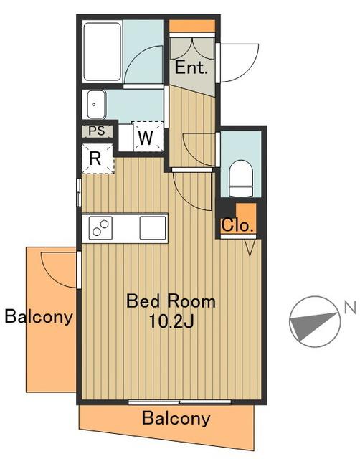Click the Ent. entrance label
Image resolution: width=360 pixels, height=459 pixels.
pyautogui.click(x=191, y=67)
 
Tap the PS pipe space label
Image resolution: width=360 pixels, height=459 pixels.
pyautogui.click(x=97, y=131)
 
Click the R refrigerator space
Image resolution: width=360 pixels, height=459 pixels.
pyautogui.click(x=97, y=158)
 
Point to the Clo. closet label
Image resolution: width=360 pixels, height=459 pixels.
pyautogui.click(x=237, y=225)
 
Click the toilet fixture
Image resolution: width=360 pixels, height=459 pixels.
pyautogui.click(x=241, y=179)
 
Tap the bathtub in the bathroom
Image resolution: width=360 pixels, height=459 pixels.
pyautogui.click(x=102, y=52)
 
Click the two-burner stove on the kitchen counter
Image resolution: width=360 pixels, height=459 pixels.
pyautogui.click(x=100, y=228)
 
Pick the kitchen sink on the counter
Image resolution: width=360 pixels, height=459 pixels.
pyautogui.click(x=153, y=228)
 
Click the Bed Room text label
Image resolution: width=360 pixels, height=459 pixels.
pyautogui.click(x=171, y=301)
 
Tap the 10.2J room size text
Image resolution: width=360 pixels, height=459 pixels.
pyautogui.click(x=171, y=321)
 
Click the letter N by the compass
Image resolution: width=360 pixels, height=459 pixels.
pyautogui.click(x=350, y=308)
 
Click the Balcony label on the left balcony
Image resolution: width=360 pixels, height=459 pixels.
pyautogui.click(x=39, y=316)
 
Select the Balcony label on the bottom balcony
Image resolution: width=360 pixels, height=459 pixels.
pyautogui.click(x=176, y=418)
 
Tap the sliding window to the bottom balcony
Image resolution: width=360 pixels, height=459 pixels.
pyautogui.click(x=180, y=402)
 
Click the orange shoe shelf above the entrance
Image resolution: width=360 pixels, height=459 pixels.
pyautogui.click(x=192, y=26)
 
